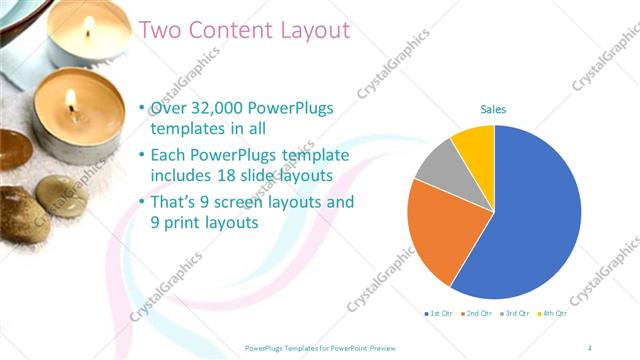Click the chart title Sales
coord(493,108)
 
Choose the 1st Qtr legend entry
coord(439,313)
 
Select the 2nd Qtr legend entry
coord(480,313)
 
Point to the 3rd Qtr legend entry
coord(517,313)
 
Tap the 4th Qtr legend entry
coord(554,313)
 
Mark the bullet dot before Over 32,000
coord(142,109)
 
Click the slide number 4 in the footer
coord(590,346)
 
